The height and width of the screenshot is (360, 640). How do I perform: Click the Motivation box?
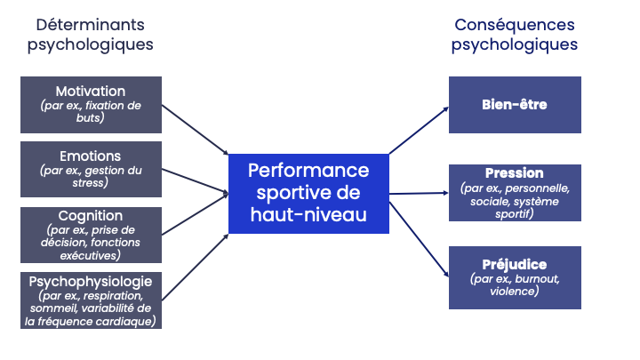[x=91, y=105]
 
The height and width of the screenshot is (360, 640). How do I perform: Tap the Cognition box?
[x=91, y=236]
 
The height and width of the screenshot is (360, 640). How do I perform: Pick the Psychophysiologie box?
[x=91, y=301]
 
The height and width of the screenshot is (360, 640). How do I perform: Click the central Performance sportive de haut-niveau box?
[x=308, y=193]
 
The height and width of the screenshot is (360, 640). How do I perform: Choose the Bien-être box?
[x=514, y=105]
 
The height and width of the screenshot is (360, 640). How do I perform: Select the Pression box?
[x=514, y=193]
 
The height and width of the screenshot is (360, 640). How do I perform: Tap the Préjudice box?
[x=514, y=278]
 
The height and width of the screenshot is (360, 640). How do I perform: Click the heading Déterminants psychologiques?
[x=90, y=35]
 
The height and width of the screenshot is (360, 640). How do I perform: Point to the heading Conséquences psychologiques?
[x=514, y=35]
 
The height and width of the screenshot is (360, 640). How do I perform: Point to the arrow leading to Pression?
[x=418, y=193]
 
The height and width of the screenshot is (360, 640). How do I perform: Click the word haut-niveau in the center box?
[x=308, y=214]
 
